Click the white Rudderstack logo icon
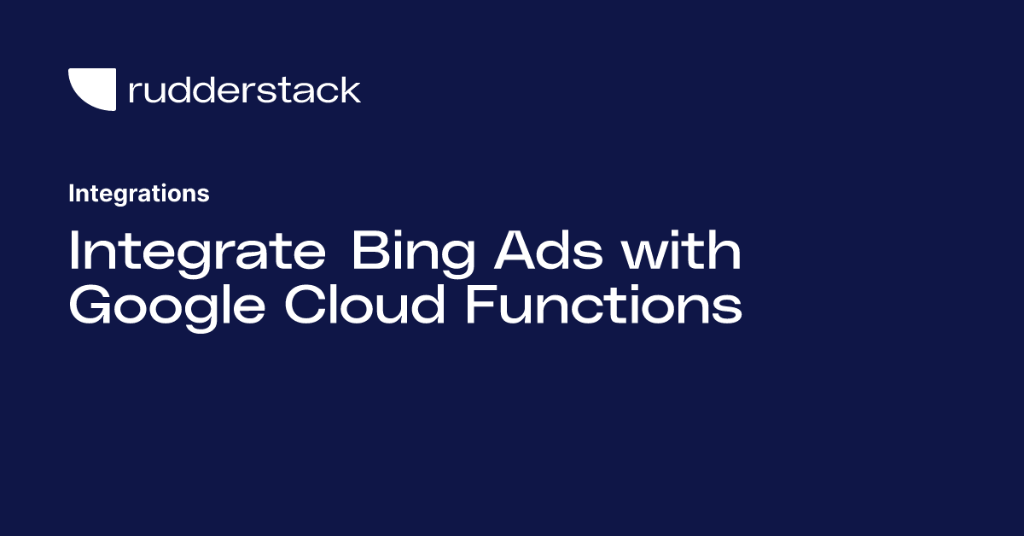92,90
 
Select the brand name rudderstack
244,90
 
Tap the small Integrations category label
139,194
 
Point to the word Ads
548,253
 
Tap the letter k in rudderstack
352,89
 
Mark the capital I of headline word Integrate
74,253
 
